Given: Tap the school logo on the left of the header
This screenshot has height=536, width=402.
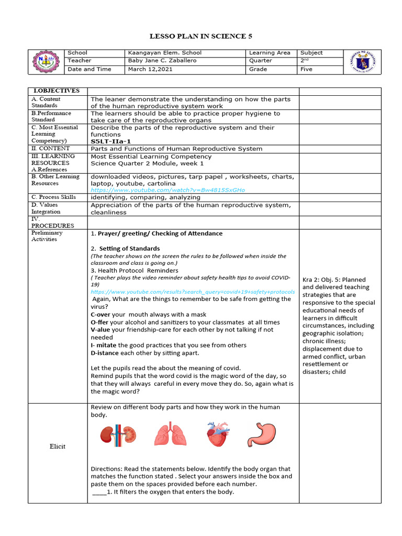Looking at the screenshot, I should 46,61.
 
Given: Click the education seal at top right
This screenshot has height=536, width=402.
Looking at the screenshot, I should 362,62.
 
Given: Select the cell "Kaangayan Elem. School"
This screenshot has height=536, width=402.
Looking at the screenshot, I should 164,53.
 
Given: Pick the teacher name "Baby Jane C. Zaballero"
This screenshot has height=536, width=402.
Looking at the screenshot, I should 163,61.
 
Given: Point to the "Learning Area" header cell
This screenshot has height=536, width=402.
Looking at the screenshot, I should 269,53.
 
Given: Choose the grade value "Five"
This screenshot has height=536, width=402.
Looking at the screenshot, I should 306,69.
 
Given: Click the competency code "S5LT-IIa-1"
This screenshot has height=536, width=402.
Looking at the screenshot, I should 111,141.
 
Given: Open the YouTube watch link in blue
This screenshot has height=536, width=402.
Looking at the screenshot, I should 167,190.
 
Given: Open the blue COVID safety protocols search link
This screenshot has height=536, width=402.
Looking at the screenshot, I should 193,292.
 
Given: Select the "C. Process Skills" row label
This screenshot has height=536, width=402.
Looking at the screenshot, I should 53,197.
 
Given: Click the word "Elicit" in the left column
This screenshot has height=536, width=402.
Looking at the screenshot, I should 58,446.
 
